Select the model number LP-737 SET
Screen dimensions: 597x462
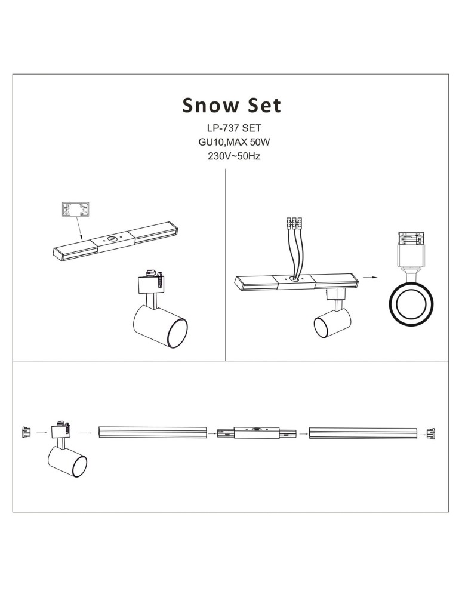[230, 128]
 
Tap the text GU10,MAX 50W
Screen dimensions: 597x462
[230, 143]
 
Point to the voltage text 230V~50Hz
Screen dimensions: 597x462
[230, 157]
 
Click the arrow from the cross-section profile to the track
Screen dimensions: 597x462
[79, 230]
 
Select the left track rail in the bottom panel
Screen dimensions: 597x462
[152, 433]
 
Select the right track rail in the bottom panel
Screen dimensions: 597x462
[363, 433]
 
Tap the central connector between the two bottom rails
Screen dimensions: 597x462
[257, 432]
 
